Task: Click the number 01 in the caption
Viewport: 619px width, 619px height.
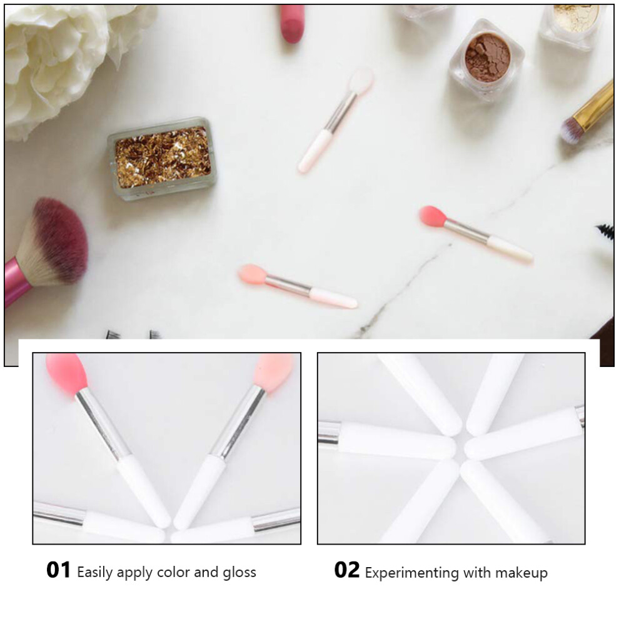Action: pos(58,570)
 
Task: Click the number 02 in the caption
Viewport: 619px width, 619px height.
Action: pos(347,570)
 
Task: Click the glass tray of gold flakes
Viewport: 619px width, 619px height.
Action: pos(162,158)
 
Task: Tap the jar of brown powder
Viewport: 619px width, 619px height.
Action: pos(487,59)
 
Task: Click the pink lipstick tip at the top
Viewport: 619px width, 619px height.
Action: pos(292,23)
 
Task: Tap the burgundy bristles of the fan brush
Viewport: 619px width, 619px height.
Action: pos(59,240)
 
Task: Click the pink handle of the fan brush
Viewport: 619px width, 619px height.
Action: pos(15,281)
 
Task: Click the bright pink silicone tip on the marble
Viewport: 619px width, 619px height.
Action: pos(433,217)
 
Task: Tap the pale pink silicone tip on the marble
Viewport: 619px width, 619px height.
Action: pos(253,274)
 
